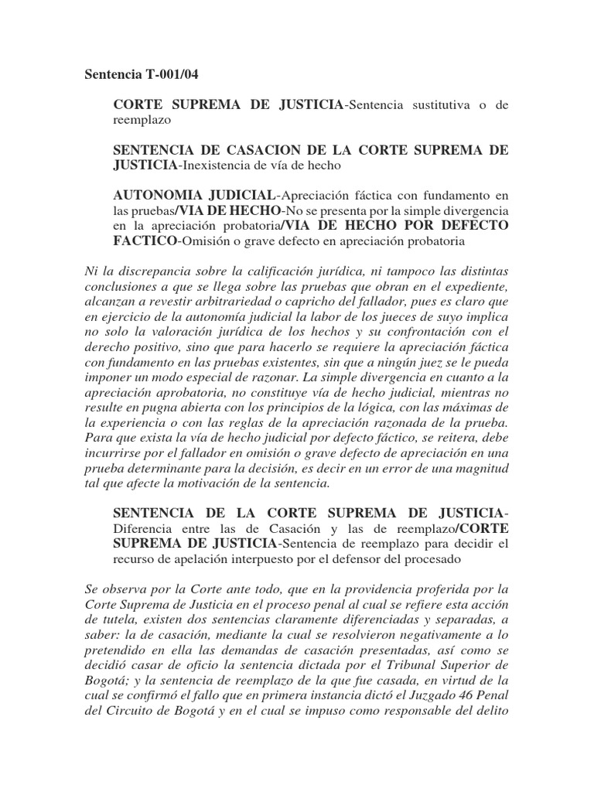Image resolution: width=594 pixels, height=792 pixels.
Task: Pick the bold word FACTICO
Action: (x=145, y=241)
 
